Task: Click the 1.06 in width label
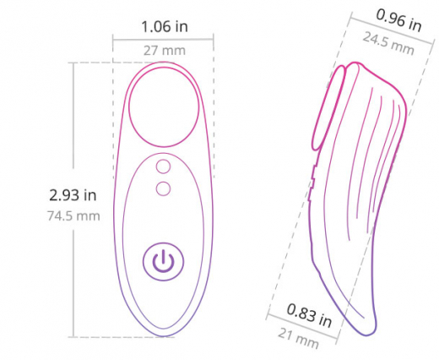pos(164,26)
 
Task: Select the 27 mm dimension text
pos(164,50)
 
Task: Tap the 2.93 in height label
pos(73,195)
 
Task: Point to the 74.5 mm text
pos(73,215)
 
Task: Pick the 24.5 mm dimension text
pos(389,46)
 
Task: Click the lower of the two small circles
pos(163,188)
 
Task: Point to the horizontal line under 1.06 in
pos(164,37)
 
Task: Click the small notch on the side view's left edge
pos(312,178)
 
